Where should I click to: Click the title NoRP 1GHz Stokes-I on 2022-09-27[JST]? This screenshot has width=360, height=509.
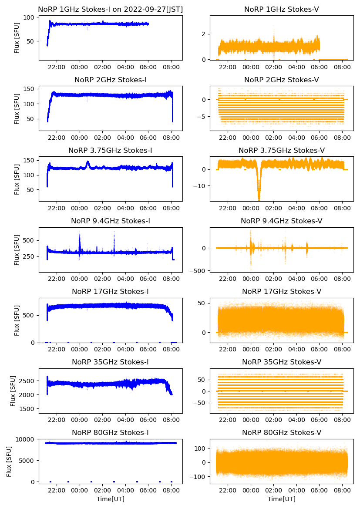tap(111, 9)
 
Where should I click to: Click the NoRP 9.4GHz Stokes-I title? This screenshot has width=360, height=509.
tap(111, 221)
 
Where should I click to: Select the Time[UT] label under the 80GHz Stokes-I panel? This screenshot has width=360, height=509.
tap(111, 499)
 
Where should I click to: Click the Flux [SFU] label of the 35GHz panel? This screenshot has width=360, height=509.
tap(13, 391)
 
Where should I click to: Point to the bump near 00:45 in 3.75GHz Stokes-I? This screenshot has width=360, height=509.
tap(87, 163)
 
